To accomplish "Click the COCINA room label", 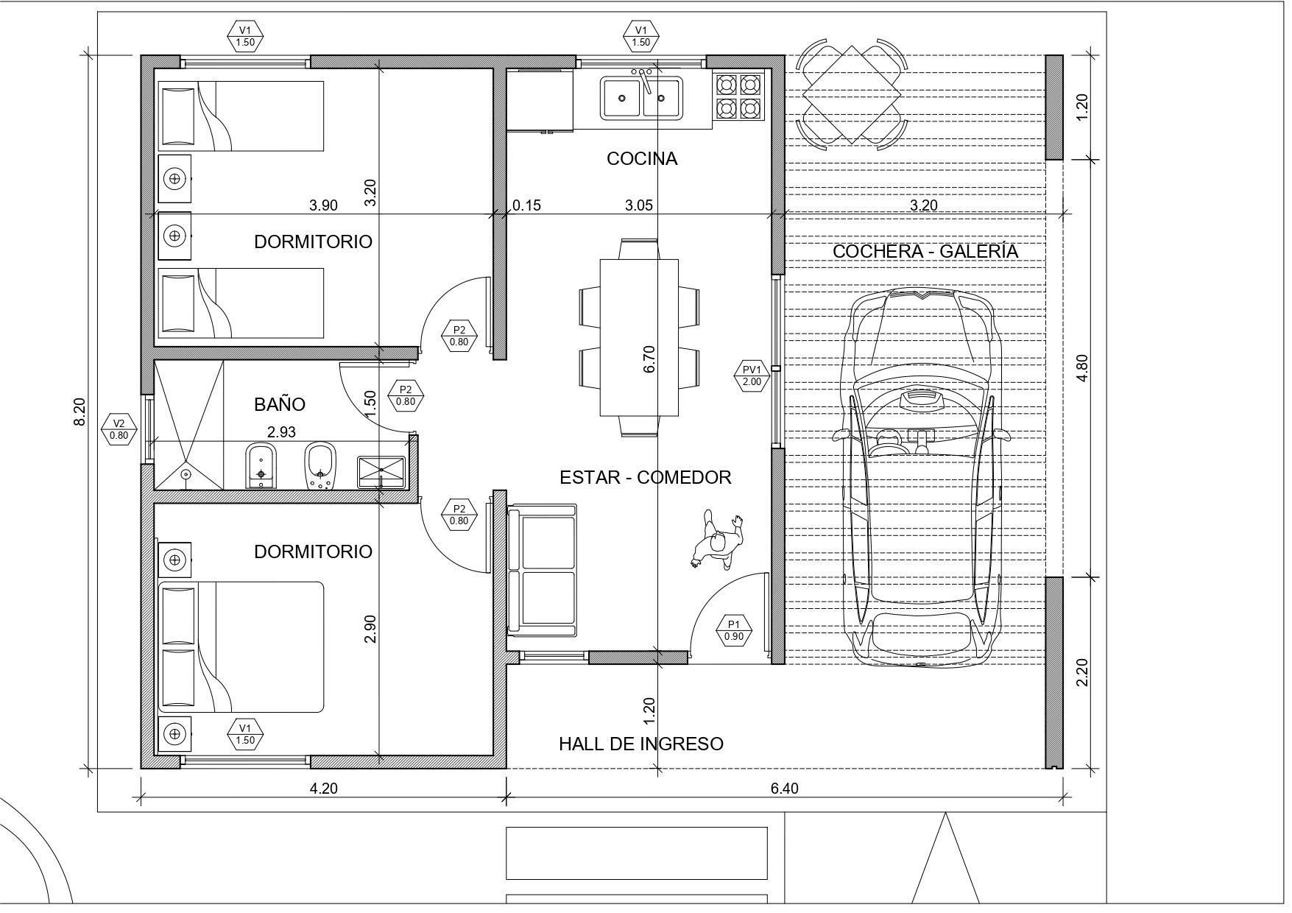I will (x=641, y=158).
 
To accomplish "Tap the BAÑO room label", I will (x=279, y=404).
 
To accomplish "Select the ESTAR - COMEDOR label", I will (x=645, y=477).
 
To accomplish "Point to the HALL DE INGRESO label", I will (x=640, y=744).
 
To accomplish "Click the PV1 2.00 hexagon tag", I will (x=752, y=376).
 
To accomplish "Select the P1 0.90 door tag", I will (x=733, y=630).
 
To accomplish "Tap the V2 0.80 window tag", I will (x=119, y=429).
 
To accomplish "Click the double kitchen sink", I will (x=643, y=97).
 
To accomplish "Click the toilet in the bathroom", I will (x=320, y=465).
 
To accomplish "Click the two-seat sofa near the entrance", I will (x=542, y=568).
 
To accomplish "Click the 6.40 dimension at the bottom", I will (x=784, y=789).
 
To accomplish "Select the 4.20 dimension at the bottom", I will (x=323, y=789).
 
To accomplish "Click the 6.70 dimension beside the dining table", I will (x=649, y=359).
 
